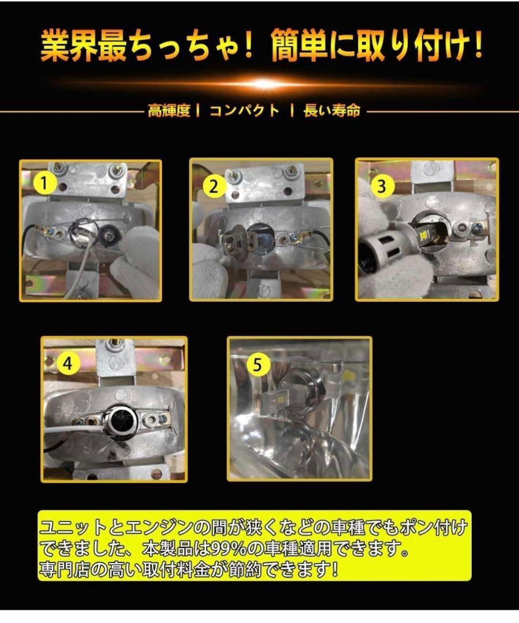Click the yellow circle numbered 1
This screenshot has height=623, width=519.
44,183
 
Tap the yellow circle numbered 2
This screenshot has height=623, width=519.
214,186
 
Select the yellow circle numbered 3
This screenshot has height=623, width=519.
382,186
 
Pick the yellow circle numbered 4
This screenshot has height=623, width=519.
68,363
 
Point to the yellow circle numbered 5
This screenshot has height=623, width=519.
258,364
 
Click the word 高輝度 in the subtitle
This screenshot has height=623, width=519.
169,110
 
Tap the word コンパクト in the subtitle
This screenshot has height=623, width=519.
245,110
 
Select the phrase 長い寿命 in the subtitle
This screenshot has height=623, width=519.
332,110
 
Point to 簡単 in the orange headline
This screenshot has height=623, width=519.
299,47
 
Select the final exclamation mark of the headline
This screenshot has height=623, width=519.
478,46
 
